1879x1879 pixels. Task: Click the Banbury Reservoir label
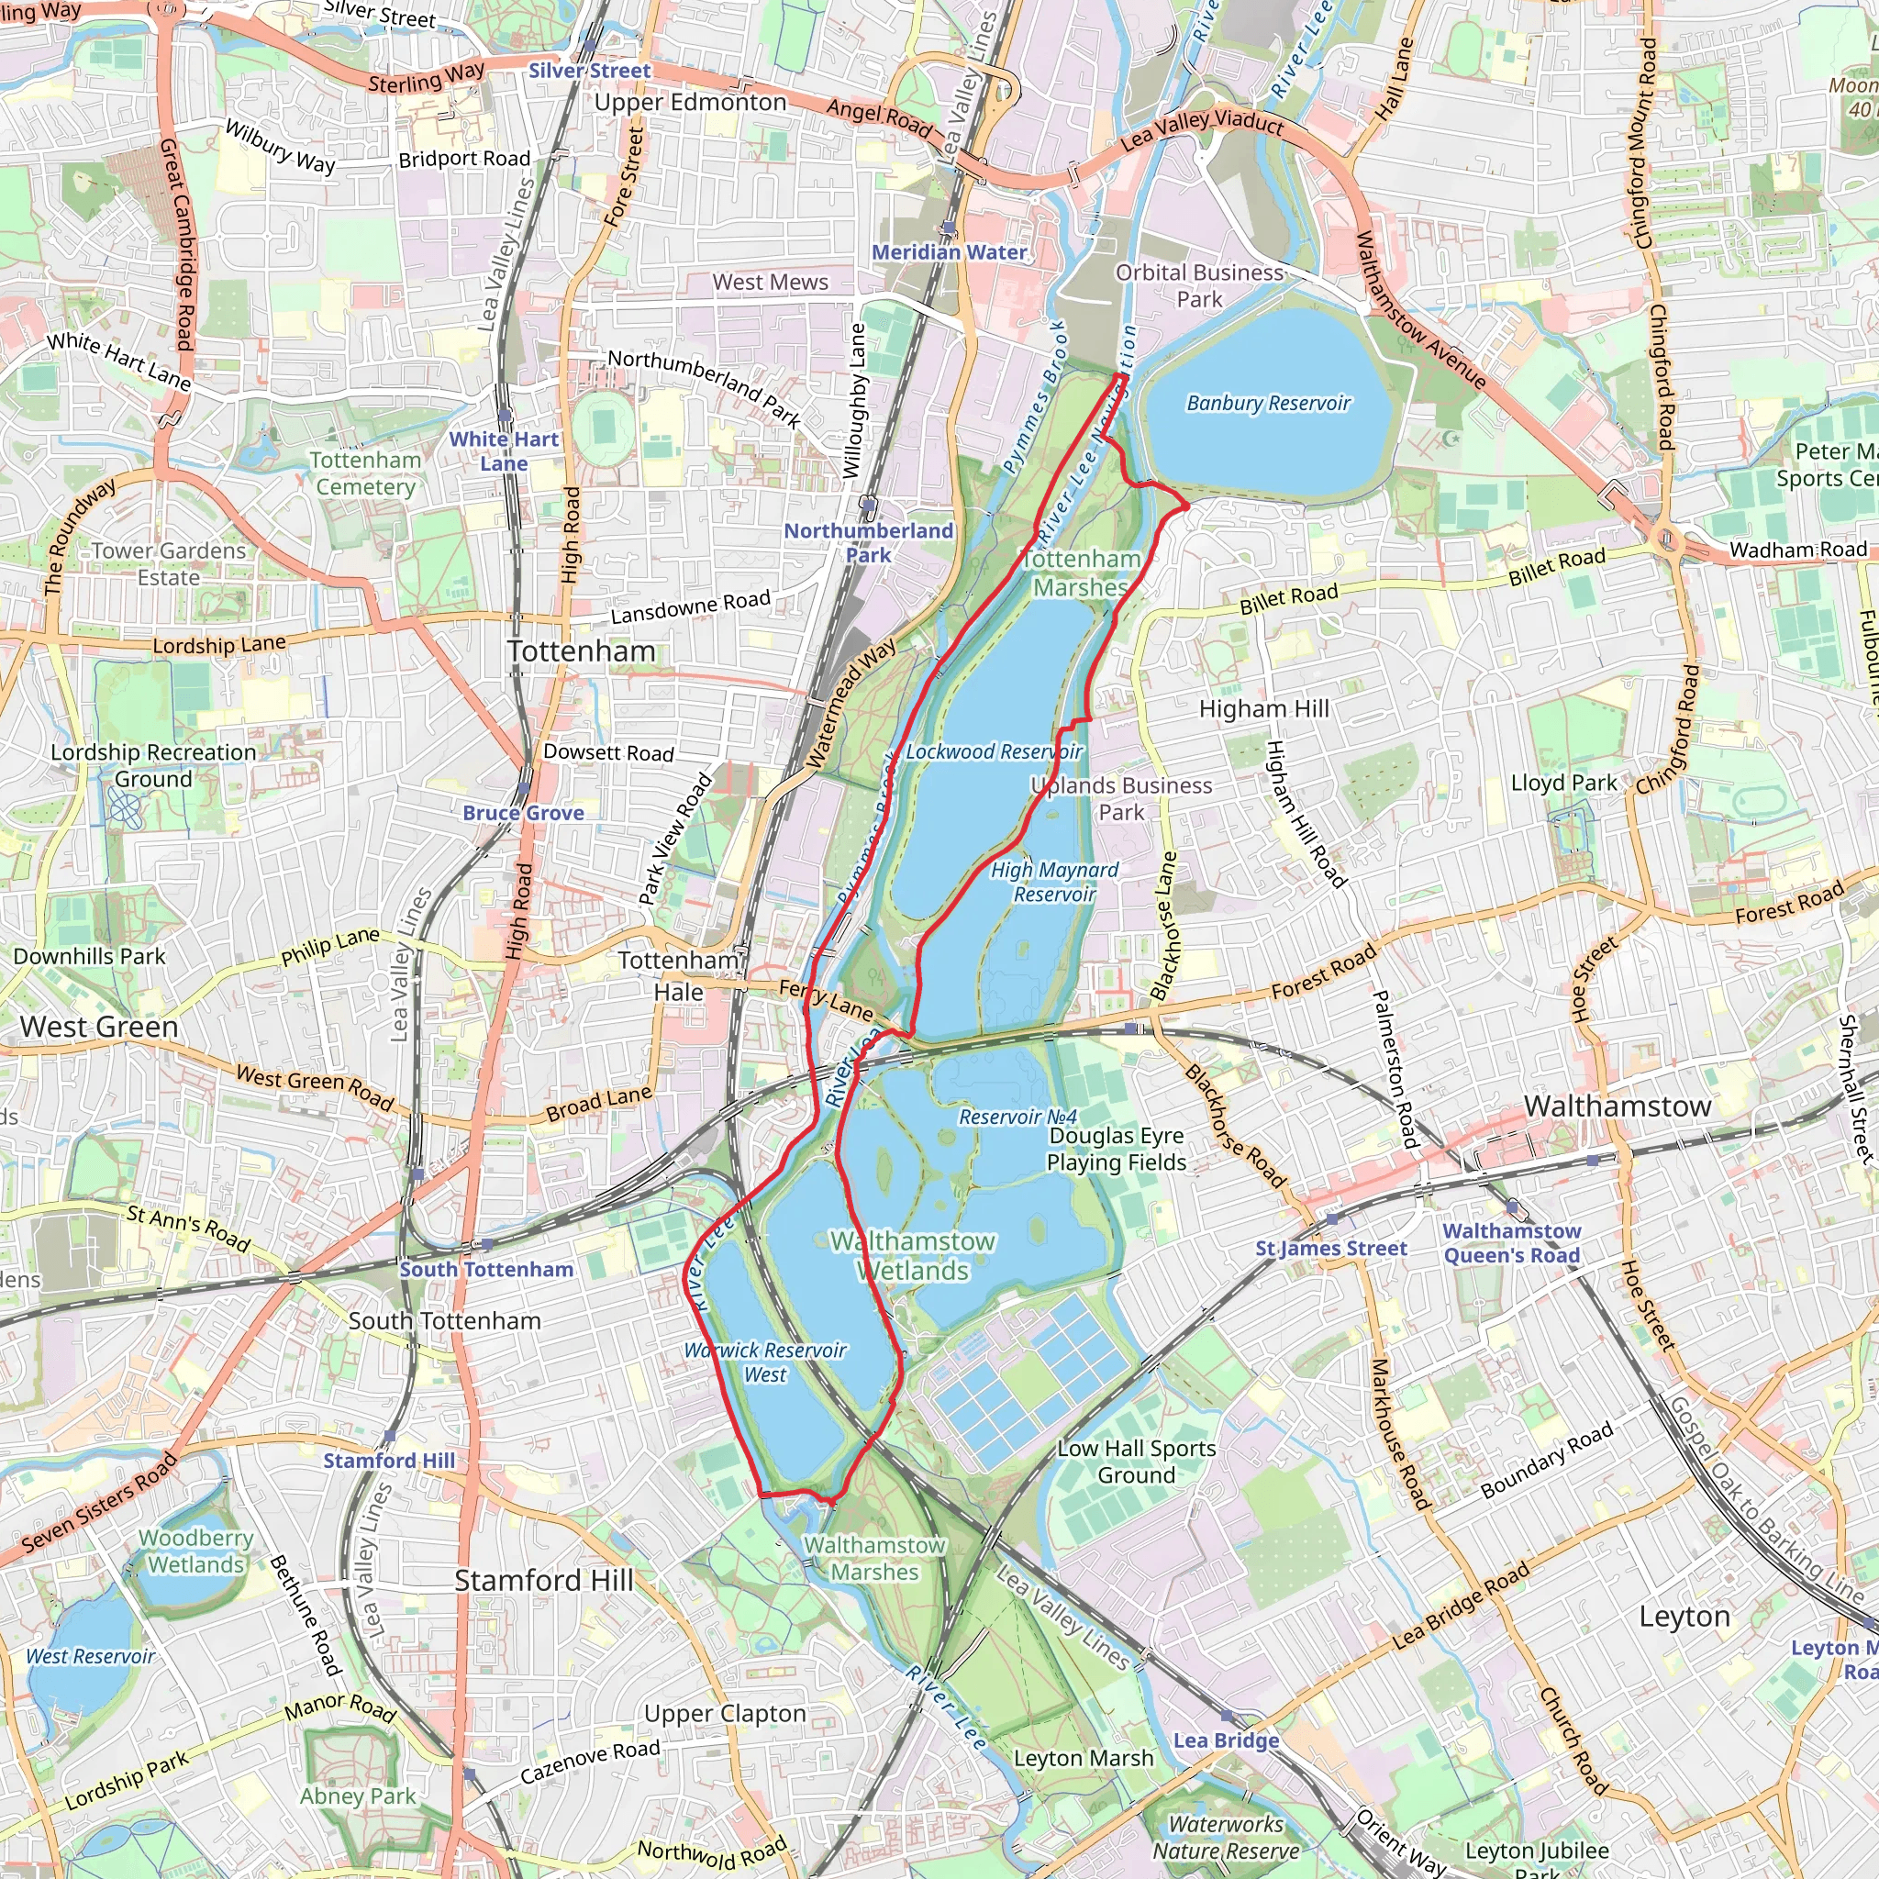(1268, 404)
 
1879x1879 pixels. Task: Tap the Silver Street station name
(589, 71)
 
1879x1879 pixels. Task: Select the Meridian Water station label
(950, 253)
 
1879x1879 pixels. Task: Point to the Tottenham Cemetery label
(366, 473)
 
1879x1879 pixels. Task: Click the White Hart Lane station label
(504, 451)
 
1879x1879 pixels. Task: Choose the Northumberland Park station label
(869, 543)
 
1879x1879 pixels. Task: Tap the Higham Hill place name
(1263, 709)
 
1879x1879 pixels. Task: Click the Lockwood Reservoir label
(993, 751)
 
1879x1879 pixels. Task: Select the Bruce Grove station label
(523, 813)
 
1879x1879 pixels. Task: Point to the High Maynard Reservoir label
(1054, 882)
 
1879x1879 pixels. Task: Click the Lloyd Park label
(1562, 784)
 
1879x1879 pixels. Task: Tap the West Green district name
(99, 1027)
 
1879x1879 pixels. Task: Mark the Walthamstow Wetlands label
(912, 1256)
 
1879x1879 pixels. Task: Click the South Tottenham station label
(486, 1269)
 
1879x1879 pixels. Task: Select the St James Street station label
(1330, 1249)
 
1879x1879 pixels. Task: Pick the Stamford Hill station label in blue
(389, 1461)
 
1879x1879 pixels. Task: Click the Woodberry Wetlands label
(196, 1551)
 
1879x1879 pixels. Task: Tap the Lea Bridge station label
(1226, 1740)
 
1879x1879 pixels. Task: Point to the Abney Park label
(358, 1796)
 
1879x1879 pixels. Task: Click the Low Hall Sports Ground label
(1136, 1462)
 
